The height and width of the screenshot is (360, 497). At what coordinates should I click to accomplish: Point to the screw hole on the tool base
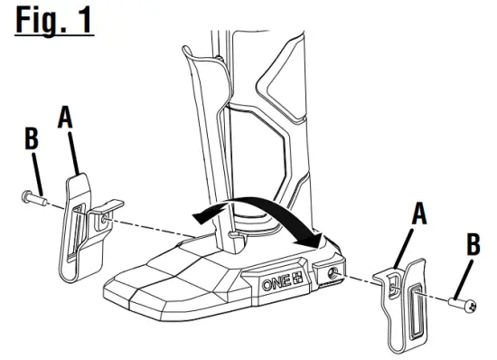click(x=335, y=273)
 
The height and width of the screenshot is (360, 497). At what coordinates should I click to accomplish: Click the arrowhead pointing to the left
click(x=201, y=213)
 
